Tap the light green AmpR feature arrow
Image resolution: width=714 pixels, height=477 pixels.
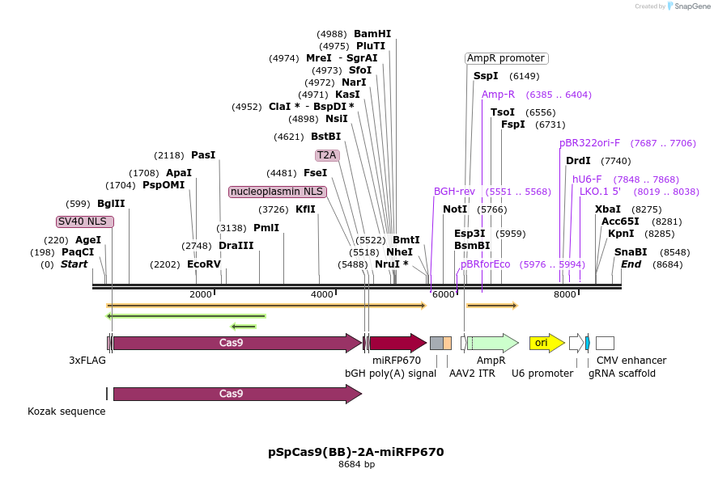point(492,343)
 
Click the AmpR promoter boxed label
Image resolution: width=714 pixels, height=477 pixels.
point(506,58)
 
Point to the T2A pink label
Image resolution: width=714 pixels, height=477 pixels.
point(327,154)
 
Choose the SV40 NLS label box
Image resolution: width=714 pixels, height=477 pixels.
point(84,222)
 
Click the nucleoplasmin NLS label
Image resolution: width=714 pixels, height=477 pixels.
point(277,192)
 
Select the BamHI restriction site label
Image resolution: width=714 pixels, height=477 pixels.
point(372,34)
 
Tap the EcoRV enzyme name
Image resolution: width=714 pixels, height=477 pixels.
point(204,264)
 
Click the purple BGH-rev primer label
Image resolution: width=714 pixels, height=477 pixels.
point(454,192)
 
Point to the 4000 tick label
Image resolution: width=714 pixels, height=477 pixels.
point(322,294)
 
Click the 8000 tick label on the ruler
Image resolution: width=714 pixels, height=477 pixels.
point(565,294)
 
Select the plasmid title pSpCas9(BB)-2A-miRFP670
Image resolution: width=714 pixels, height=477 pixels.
point(356,452)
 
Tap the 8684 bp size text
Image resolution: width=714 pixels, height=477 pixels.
point(356,465)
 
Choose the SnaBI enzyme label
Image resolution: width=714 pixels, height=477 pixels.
point(631,251)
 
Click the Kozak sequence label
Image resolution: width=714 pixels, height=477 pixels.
point(66,411)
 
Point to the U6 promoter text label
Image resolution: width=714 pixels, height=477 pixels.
point(542,373)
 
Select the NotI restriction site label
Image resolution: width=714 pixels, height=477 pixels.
point(455,209)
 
